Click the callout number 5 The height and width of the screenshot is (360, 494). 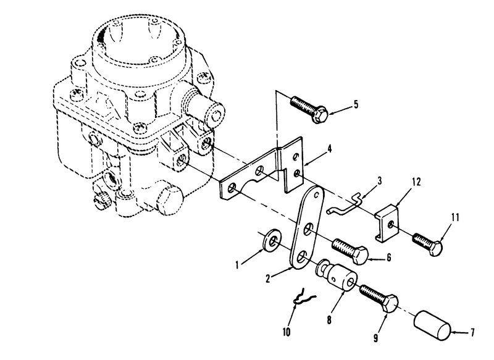[x=356, y=104]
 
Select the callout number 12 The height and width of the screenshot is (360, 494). [x=416, y=182]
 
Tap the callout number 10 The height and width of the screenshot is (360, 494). [x=287, y=332]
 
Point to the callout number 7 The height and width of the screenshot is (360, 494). [x=472, y=332]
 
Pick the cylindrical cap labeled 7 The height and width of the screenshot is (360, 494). [x=433, y=325]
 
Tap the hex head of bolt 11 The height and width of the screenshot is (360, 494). [x=436, y=248]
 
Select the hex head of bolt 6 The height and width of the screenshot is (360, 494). [x=360, y=256]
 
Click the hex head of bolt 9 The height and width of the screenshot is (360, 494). [x=391, y=303]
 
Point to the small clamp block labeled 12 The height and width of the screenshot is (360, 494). [x=387, y=223]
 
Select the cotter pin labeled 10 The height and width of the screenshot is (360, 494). [x=303, y=298]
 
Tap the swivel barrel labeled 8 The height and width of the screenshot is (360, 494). [x=337, y=275]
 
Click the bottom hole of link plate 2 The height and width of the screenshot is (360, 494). [x=299, y=257]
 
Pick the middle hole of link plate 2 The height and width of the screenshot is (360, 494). [x=308, y=229]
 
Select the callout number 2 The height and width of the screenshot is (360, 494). [x=268, y=278]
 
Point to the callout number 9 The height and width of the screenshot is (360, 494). [x=375, y=338]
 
